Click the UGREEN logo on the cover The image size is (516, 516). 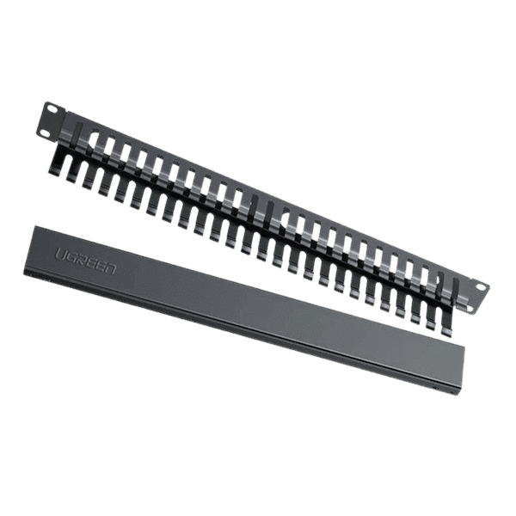[85, 261]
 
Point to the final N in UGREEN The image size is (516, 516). [110, 268]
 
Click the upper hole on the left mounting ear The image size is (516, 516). [52, 107]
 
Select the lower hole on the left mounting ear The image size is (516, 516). [45, 132]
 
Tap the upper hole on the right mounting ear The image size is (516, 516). [481, 287]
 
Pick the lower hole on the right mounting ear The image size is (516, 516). [473, 310]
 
